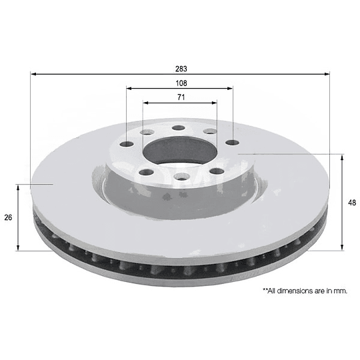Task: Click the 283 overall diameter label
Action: point(181,69)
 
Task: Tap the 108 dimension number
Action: point(181,83)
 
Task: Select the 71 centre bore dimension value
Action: point(181,97)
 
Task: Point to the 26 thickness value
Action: point(8,217)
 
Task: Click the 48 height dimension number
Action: point(352,203)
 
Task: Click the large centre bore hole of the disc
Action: point(180,151)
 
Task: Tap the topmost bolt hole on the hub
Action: point(179,128)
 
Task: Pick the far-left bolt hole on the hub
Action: point(127,144)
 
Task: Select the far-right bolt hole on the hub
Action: point(233,143)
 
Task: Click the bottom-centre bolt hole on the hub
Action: point(181,177)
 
